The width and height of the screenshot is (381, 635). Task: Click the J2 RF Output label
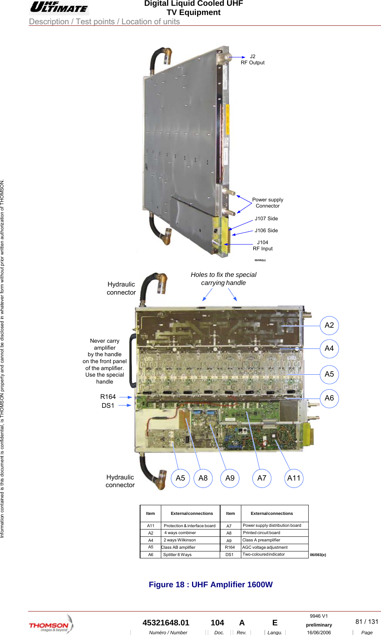[252, 60]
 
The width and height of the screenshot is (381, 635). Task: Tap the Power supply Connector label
[267, 203]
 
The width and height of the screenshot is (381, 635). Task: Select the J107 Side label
[266, 218]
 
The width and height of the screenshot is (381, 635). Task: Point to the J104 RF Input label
[262, 245]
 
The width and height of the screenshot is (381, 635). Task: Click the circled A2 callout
[329, 325]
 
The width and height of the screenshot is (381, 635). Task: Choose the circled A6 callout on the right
[329, 398]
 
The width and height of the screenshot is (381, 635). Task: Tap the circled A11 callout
[294, 478]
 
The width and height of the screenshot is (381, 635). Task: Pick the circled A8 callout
[203, 478]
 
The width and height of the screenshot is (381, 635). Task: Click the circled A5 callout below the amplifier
[180, 478]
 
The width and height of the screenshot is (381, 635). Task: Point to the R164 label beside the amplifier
[108, 397]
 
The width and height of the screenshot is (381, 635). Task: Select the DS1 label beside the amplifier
[108, 405]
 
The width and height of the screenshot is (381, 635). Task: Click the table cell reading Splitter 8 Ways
[177, 555]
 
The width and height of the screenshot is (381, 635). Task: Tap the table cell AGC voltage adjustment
[265, 547]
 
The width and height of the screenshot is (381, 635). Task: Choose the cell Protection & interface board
[189, 526]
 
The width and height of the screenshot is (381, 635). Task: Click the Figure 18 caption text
[211, 585]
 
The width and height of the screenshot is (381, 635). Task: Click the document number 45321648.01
[166, 623]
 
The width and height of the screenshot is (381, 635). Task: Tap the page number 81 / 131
[366, 622]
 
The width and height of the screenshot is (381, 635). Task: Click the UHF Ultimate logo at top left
[59, 7]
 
